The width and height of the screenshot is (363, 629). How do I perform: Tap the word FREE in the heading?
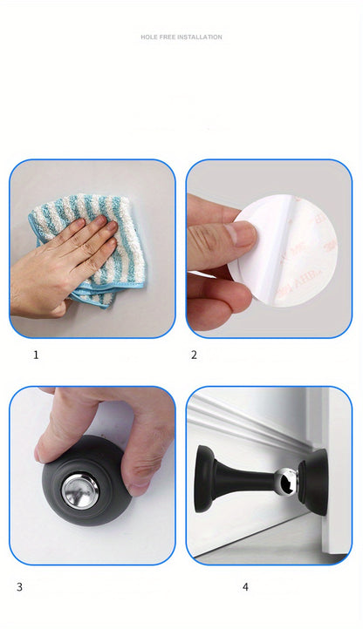(x=167, y=37)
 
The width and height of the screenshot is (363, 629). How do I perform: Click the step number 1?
(x=36, y=355)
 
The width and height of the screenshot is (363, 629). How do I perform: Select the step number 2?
(x=194, y=355)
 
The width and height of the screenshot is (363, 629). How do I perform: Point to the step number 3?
(x=18, y=586)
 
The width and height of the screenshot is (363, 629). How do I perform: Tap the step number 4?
(x=245, y=586)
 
